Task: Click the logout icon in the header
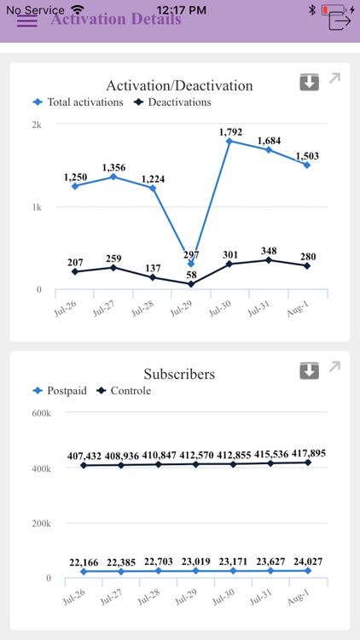tap(340, 19)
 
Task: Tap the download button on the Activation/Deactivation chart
tap(309, 82)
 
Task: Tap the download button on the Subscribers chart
tap(309, 370)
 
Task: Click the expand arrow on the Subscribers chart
tap(334, 367)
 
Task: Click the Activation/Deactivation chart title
tap(179, 85)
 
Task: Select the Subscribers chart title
tap(179, 374)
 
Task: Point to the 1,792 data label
tap(231, 132)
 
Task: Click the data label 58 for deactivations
tap(191, 276)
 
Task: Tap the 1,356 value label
tap(113, 168)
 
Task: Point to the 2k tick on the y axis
tap(37, 125)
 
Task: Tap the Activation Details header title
tap(115, 20)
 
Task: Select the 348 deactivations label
tap(269, 251)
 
